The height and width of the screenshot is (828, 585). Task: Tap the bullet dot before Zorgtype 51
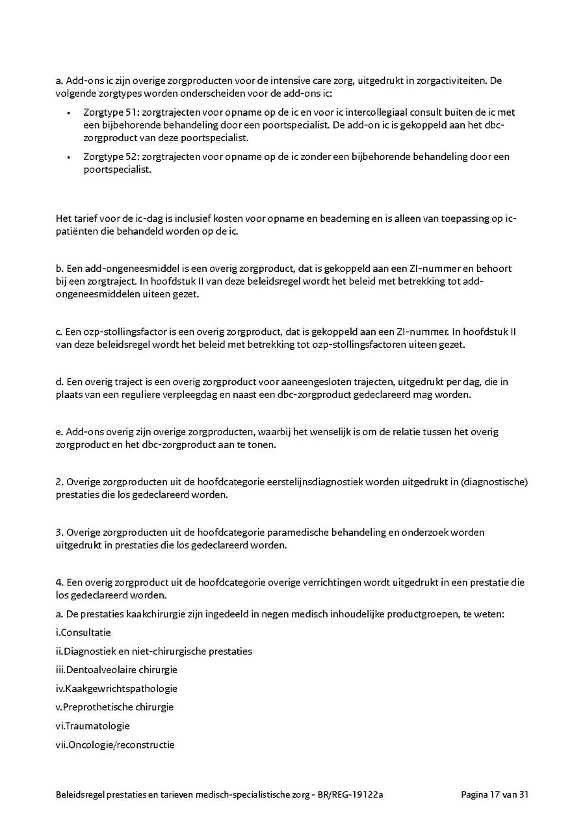point(68,113)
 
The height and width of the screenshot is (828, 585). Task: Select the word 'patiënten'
point(77,232)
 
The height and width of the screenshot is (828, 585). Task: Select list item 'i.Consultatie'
point(84,632)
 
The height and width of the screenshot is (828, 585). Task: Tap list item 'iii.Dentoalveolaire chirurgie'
point(117,669)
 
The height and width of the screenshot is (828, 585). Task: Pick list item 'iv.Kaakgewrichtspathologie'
point(117,688)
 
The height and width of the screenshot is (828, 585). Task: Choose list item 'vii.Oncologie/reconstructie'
point(116,745)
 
